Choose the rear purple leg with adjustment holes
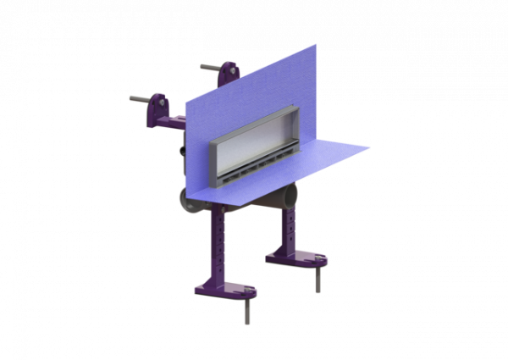click(x=288, y=224)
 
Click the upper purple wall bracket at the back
click(x=227, y=75)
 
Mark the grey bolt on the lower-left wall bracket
click(x=138, y=98)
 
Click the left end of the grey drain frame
click(x=212, y=161)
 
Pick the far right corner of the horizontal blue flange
click(x=370, y=150)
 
